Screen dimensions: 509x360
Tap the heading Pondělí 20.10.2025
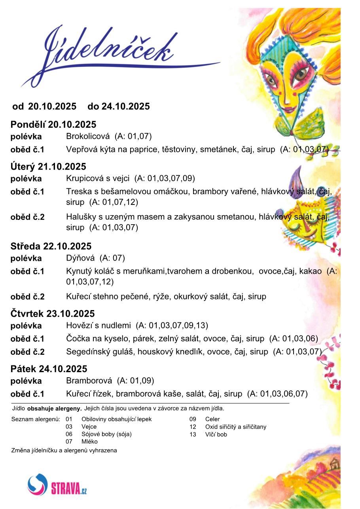[53, 125]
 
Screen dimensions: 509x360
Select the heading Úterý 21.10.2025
[48, 167]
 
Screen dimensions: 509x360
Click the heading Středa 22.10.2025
[51, 246]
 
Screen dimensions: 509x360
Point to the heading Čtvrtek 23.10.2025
[53, 314]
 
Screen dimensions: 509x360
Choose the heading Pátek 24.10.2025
[49, 369]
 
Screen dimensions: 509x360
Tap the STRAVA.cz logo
[57, 485]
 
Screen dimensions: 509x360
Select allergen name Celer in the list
[212, 419]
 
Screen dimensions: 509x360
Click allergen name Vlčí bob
[216, 435]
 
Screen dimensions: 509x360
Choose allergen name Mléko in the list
[89, 442]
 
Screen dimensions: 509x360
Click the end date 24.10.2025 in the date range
[126, 106]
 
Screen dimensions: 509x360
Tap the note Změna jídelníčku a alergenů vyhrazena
[64, 450]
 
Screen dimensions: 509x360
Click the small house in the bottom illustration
[335, 462]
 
